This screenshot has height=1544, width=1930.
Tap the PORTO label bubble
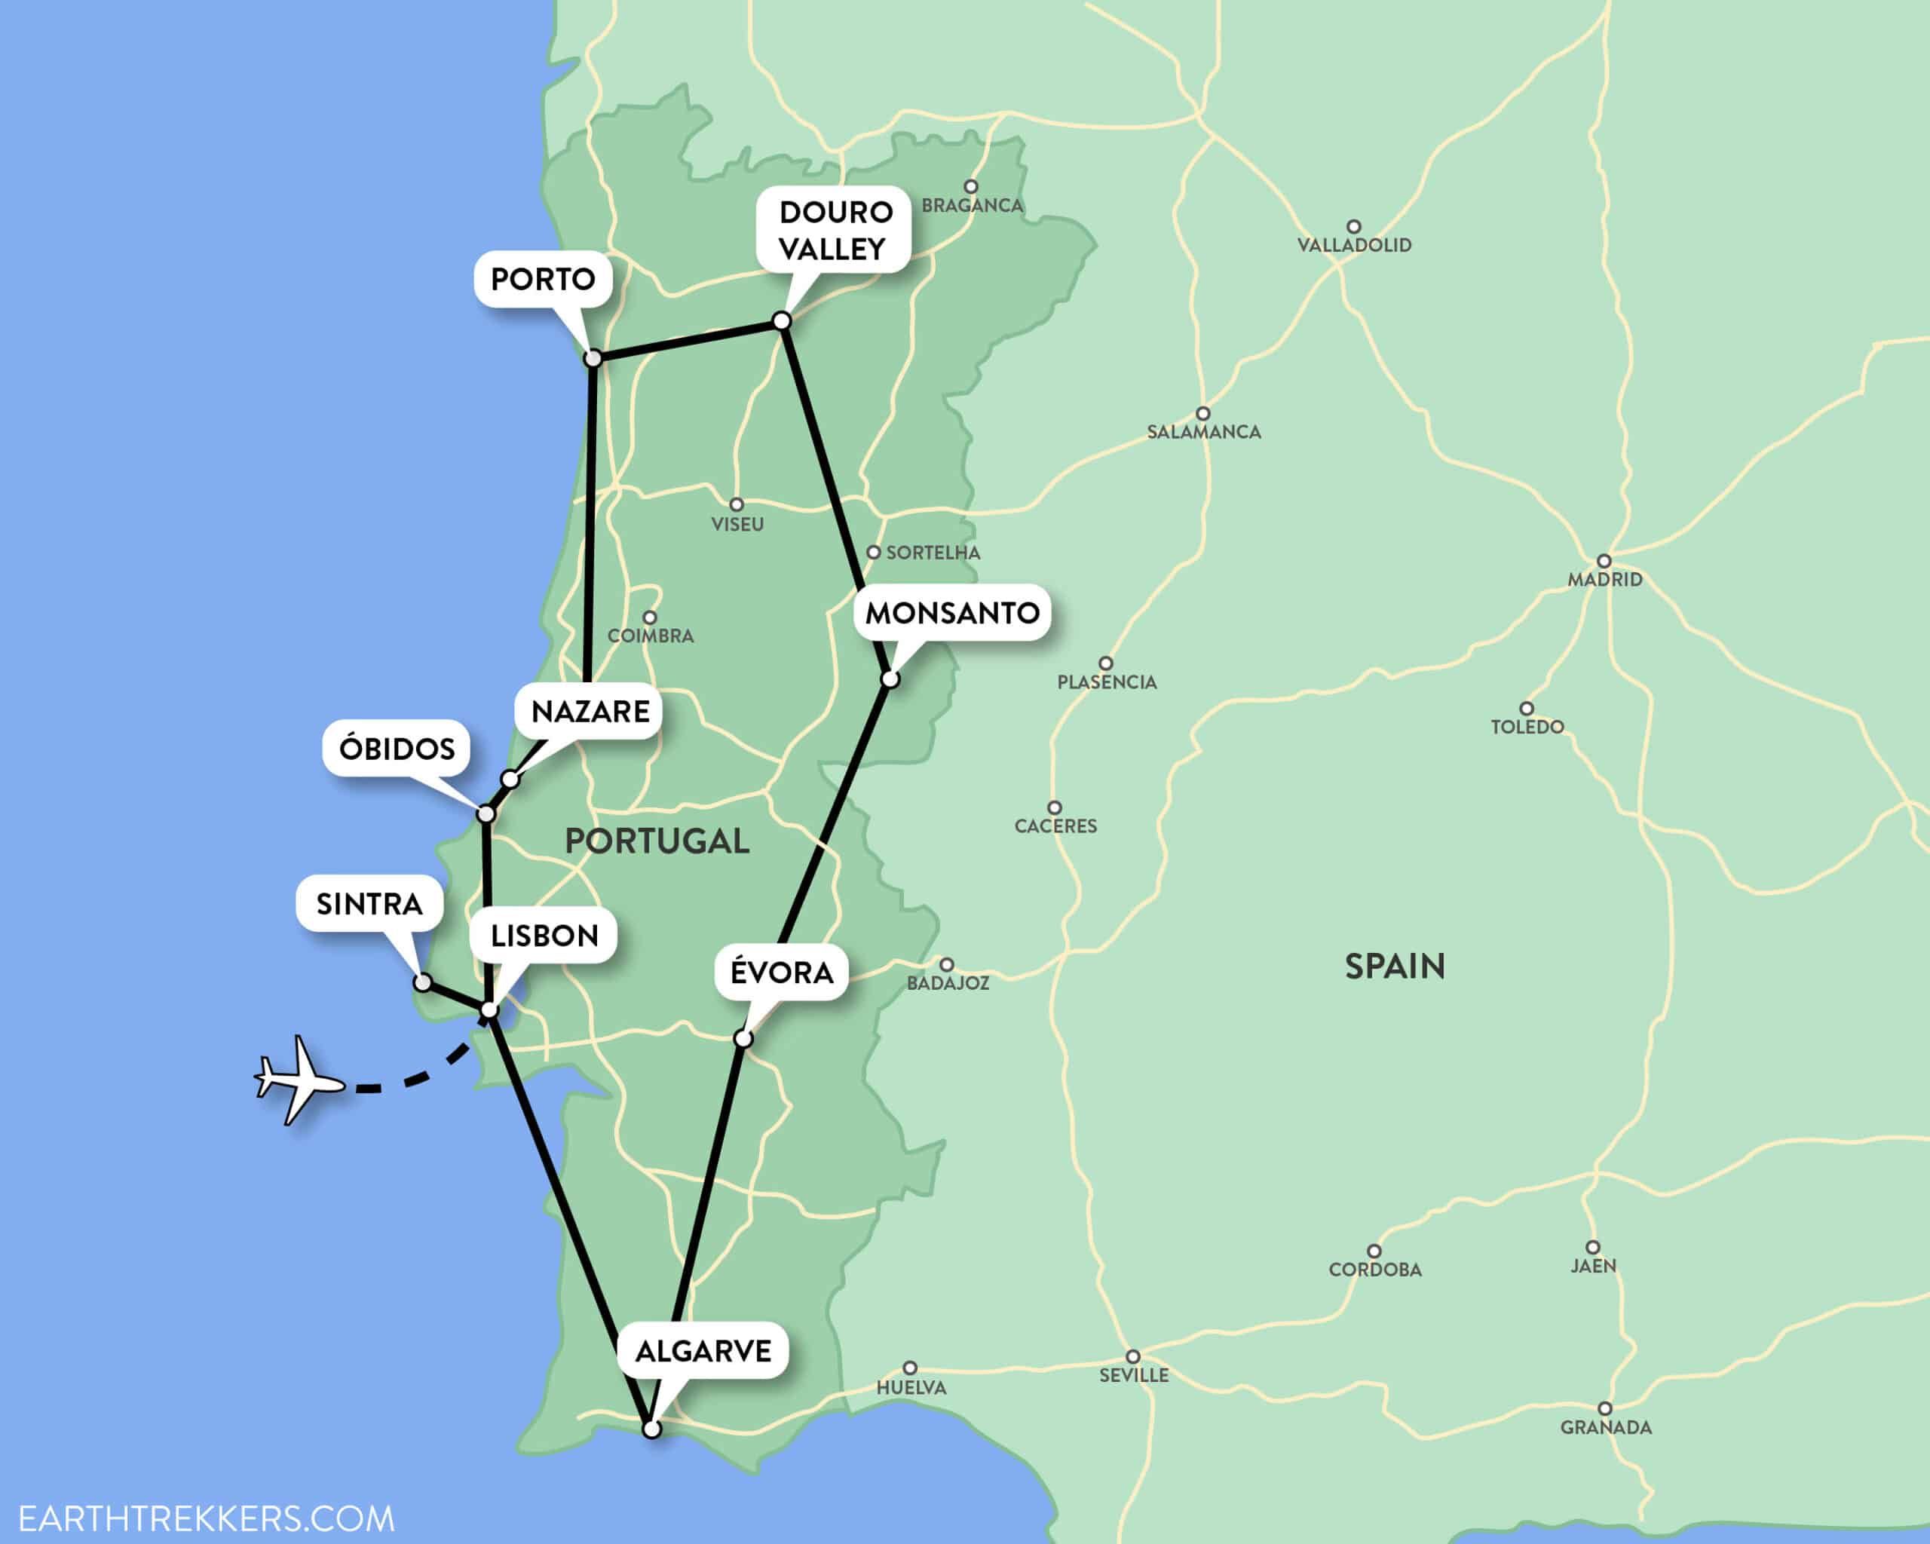click(543, 279)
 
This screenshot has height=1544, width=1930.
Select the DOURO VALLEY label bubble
click(835, 230)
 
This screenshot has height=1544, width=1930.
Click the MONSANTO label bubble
click(951, 613)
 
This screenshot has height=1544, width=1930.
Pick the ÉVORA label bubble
click(782, 972)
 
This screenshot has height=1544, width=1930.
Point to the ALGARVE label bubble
click(703, 1351)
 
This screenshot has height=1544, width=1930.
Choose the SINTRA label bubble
click(369, 904)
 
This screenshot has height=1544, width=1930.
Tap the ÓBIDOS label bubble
click(397, 749)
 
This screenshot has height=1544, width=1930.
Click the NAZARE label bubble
click(590, 712)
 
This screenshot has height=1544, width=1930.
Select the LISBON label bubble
click(544, 936)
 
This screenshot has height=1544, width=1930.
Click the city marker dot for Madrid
click(1604, 561)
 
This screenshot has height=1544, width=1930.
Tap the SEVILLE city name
click(1133, 1376)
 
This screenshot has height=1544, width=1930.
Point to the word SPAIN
click(1395, 967)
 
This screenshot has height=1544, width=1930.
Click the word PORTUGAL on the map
click(656, 841)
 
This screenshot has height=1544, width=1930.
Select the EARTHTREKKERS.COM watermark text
click(206, 1519)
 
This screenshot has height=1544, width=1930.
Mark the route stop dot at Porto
click(593, 359)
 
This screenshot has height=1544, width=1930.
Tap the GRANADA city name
click(1606, 1428)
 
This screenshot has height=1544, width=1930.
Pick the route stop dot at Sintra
click(422, 983)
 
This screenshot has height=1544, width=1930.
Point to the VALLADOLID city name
click(1353, 245)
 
